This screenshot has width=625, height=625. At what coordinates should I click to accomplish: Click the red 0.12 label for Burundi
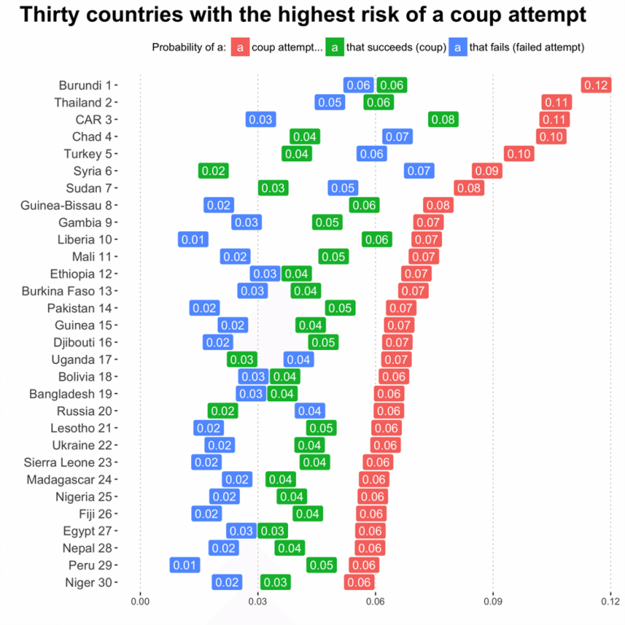597,85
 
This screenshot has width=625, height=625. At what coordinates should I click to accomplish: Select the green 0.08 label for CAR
444,120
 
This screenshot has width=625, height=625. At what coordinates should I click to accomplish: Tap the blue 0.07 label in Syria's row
419,171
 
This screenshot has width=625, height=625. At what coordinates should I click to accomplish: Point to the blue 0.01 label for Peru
185,565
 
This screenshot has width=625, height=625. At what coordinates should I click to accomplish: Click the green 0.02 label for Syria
213,171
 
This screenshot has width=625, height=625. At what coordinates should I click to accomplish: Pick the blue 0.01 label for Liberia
193,239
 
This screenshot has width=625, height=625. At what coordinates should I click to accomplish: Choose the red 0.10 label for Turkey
519,154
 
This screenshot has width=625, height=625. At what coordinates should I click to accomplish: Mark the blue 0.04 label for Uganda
299,359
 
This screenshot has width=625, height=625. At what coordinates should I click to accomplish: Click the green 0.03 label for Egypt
273,531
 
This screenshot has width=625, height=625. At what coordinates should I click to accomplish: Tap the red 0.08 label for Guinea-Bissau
438,205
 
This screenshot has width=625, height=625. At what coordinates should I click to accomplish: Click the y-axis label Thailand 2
83,103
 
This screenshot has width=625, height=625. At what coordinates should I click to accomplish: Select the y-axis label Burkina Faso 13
71,291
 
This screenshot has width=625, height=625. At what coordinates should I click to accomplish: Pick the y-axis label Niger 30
89,582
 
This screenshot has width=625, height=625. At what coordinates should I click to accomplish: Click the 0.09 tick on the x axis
493,602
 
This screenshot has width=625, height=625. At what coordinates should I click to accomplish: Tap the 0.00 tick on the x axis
140,602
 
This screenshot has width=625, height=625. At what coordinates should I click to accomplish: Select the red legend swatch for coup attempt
239,47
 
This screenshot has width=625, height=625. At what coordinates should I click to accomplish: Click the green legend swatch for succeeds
334,47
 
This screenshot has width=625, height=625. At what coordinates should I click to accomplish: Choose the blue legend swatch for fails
459,47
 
